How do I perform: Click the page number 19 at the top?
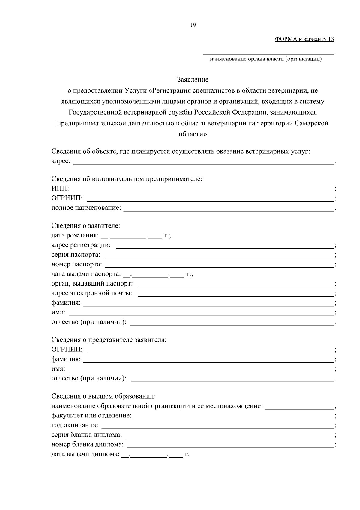point(193,25)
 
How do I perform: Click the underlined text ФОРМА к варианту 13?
point(304,39)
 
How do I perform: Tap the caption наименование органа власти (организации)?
point(266,59)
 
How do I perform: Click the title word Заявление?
point(193,80)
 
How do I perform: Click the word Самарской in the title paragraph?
point(312,123)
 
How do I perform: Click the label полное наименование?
point(86,208)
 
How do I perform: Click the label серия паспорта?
point(76,255)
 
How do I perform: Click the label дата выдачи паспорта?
point(86,274)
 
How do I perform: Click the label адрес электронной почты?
point(92,293)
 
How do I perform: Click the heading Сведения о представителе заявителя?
point(109,340)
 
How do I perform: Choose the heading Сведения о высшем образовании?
point(104,396)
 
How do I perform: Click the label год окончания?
point(75,425)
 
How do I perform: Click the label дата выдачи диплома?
point(85,454)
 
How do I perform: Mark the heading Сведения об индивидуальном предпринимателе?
point(127,179)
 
